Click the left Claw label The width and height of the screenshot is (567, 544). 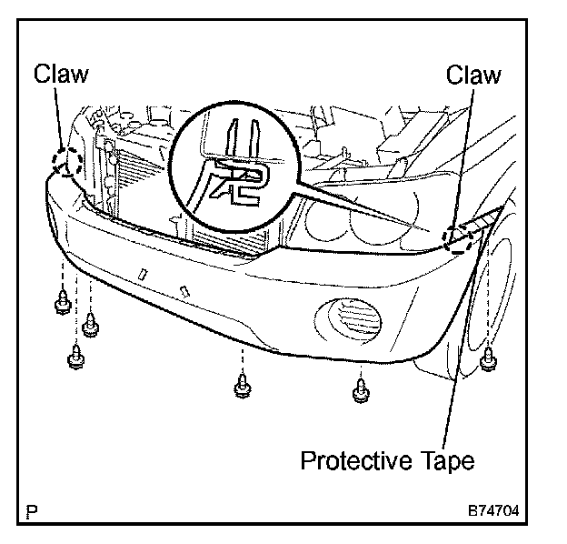click(x=61, y=75)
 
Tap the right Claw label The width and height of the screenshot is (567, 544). click(x=473, y=75)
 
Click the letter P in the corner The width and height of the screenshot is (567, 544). click(x=34, y=511)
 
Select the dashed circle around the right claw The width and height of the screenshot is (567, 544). click(x=457, y=237)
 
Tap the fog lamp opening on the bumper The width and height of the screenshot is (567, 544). click(x=350, y=321)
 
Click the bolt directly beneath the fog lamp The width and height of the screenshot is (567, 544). click(x=360, y=390)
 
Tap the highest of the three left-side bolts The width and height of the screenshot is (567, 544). click(x=61, y=301)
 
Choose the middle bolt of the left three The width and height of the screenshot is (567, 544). click(x=90, y=325)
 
